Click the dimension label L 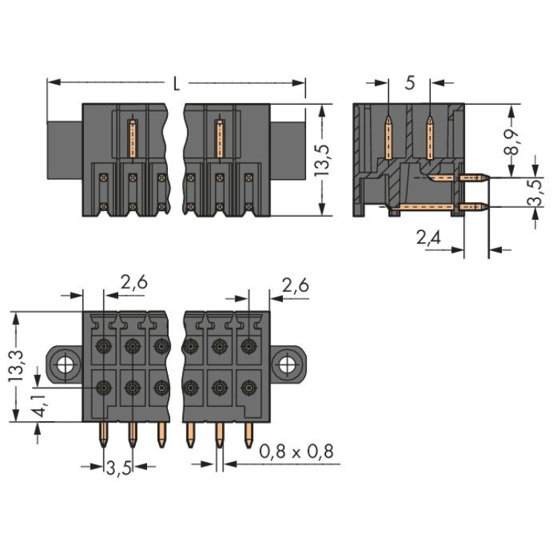tap(176, 83)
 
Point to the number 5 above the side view tap(409, 83)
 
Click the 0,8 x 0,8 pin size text tap(296, 451)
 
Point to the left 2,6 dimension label tap(134, 282)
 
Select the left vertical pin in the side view tap(388, 137)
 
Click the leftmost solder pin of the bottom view tap(102, 438)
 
